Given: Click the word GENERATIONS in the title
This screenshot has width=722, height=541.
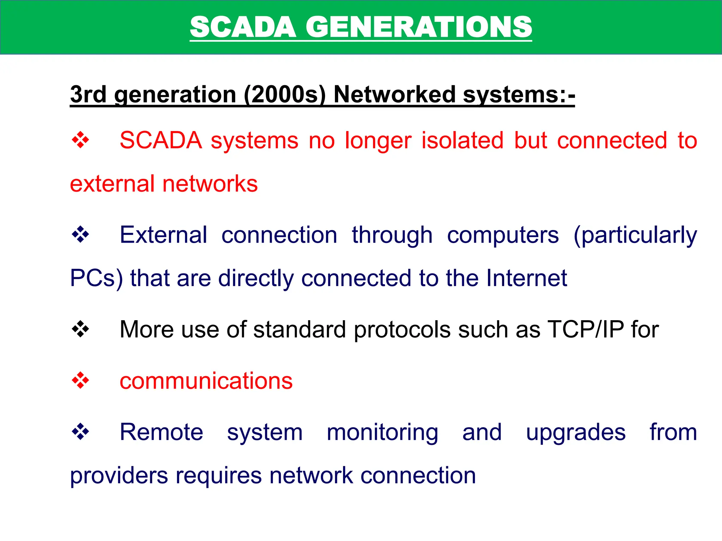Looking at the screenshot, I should (419, 27).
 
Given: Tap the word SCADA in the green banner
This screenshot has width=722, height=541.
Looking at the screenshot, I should (243, 27).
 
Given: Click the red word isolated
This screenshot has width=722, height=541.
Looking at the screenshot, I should (463, 140).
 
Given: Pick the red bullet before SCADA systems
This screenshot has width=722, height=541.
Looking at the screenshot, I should (80, 140).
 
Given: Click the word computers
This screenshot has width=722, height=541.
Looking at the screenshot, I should (503, 235).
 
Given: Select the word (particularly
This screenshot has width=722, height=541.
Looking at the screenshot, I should (635, 235).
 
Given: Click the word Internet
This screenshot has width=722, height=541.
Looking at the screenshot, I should (527, 278).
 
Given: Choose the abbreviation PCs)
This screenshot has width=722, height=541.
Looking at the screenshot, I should (96, 278).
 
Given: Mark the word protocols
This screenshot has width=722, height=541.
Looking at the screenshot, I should (402, 330).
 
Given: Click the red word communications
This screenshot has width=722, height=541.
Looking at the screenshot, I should (206, 381).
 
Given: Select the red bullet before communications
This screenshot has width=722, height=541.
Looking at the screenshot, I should (80, 380).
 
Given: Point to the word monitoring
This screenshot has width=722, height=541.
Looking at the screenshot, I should (383, 432).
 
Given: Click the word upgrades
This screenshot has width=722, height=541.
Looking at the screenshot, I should (576, 432).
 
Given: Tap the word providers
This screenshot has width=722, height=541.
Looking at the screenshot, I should (119, 475).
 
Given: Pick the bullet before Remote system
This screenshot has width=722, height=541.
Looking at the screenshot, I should (80, 431).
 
